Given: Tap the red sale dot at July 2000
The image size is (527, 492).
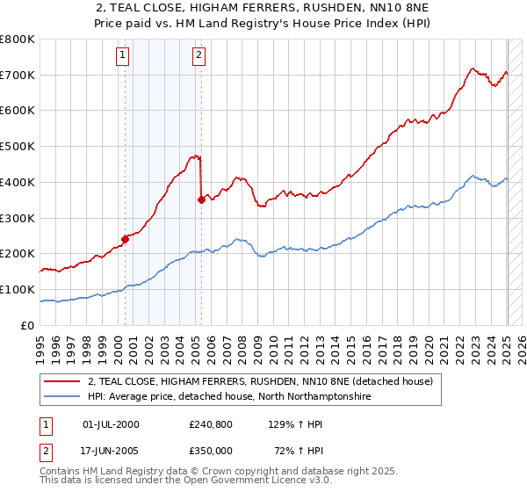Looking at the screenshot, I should [125, 238].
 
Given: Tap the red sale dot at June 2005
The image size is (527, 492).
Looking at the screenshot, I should [201, 199].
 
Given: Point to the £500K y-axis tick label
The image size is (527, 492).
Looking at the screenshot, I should [18, 147].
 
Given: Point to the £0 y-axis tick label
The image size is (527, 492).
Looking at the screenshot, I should [27, 325].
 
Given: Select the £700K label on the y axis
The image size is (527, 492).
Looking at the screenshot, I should [18, 76].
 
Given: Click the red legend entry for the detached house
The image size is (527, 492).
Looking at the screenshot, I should [260, 382].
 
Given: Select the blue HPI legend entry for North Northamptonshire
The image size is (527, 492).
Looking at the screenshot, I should [229, 397].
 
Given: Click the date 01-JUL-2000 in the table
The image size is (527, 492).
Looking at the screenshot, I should [111, 424].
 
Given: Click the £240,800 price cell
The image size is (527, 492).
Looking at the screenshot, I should [210, 424].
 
